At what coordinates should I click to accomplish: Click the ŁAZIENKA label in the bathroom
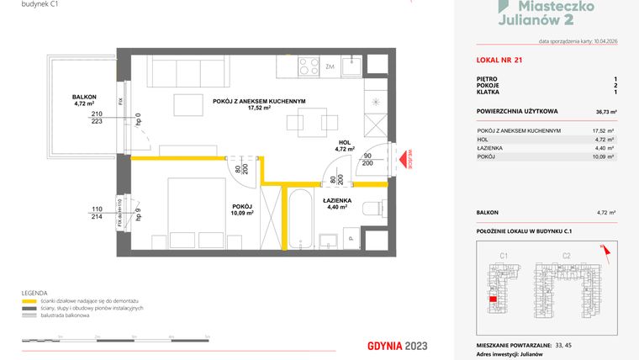[336, 201]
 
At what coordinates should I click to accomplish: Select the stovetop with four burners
[307, 66]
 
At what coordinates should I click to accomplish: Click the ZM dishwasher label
[330, 66]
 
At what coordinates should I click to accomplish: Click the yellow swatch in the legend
[28, 300]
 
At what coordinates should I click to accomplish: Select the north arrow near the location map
[603, 247]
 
